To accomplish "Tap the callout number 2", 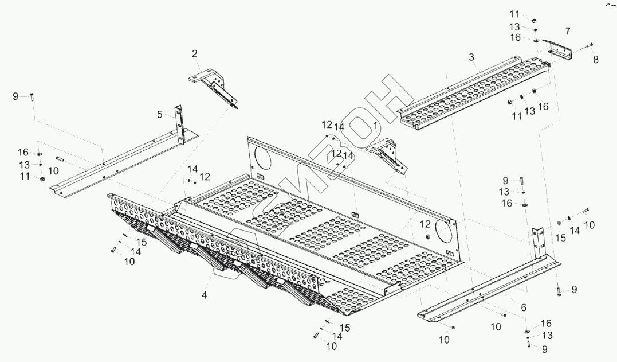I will pos(195,54).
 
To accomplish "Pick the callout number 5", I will pos(160,115).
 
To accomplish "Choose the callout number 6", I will pos(523,307).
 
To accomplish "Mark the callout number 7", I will pos(567,30).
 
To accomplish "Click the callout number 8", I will pos(595,59).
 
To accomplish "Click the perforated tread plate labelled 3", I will pos(475,92).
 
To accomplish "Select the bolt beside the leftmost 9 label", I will pos(32,96).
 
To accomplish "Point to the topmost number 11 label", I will pos(514,14).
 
